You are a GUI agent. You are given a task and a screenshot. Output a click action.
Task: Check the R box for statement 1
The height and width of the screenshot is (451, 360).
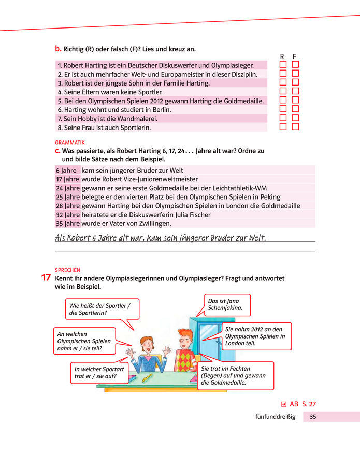coord(283,65)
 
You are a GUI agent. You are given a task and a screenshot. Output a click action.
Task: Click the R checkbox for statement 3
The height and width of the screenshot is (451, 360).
coord(283,82)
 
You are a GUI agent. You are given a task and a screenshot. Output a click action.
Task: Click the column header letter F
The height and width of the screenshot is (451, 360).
coord(295,56)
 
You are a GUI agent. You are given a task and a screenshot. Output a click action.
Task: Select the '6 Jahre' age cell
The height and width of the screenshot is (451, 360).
coord(66,171)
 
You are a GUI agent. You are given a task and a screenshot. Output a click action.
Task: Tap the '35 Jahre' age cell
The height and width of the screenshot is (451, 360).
coord(67,223)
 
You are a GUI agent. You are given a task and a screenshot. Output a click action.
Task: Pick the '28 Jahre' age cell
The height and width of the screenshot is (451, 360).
coord(67,206)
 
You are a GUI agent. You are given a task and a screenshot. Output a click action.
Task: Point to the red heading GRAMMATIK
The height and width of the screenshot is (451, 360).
coord(70,142)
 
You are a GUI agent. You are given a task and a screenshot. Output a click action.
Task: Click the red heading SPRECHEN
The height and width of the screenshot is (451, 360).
coord(67,270)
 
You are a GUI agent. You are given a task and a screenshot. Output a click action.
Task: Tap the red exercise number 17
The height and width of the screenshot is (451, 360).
coord(46,278)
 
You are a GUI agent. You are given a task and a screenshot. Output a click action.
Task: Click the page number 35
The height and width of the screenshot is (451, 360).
coord(313,417)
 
